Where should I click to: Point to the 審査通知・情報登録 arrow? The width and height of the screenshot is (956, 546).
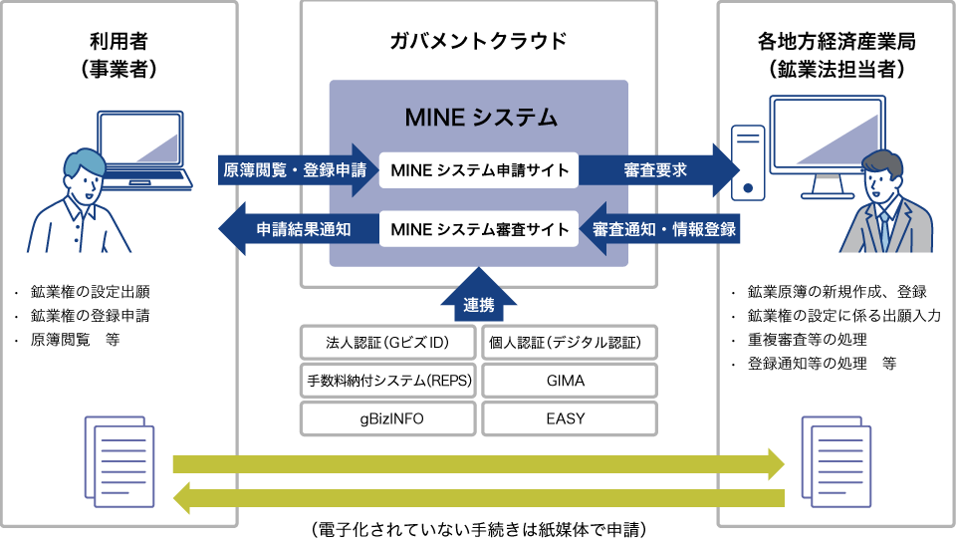coord(660,229)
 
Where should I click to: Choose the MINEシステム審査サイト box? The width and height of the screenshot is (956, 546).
coord(478,229)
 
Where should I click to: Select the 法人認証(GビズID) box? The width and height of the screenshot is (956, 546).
coord(388,344)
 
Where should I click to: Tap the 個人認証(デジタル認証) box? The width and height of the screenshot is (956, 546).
coord(570,344)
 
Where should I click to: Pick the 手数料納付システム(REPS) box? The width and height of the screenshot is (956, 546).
coord(388,381)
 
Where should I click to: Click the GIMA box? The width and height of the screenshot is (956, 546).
coord(570,381)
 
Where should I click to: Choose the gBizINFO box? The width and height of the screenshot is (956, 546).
coord(388,417)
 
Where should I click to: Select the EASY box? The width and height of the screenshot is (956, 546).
coord(570,417)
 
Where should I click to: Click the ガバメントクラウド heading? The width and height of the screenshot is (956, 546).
coord(478,41)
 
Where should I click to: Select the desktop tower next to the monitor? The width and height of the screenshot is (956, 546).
coord(744,160)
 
